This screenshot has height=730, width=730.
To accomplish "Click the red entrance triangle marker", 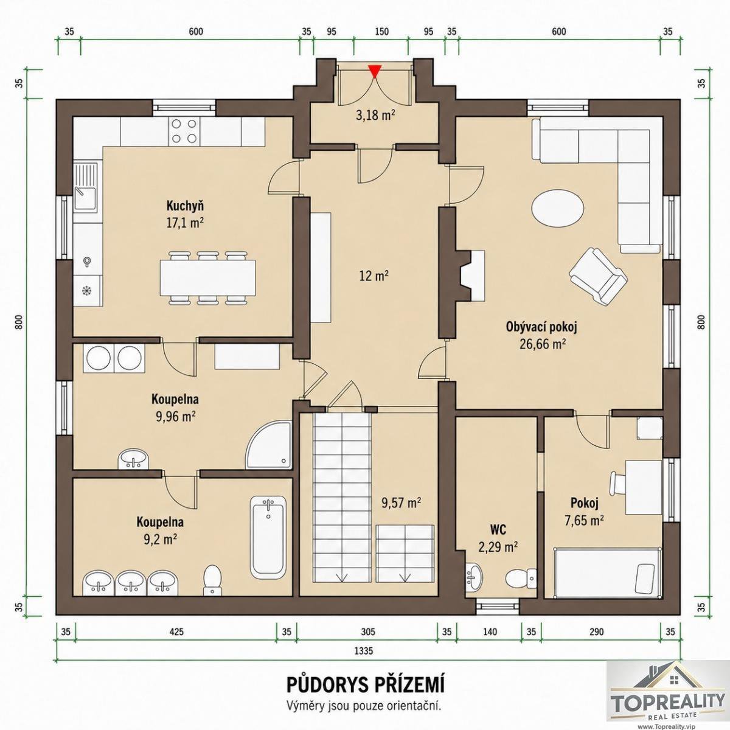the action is [x=375, y=71].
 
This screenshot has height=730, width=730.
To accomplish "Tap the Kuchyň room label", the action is [x=186, y=206].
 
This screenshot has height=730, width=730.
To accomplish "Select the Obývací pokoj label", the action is [x=541, y=327].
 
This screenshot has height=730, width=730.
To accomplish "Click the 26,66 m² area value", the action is [x=542, y=344].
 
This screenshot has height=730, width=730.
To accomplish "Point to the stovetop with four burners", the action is [x=184, y=131].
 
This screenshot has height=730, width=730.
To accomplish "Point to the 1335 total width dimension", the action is [x=364, y=651].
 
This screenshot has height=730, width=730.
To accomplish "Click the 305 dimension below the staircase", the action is [x=368, y=631].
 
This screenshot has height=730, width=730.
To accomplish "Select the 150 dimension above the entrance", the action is [x=381, y=32].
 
